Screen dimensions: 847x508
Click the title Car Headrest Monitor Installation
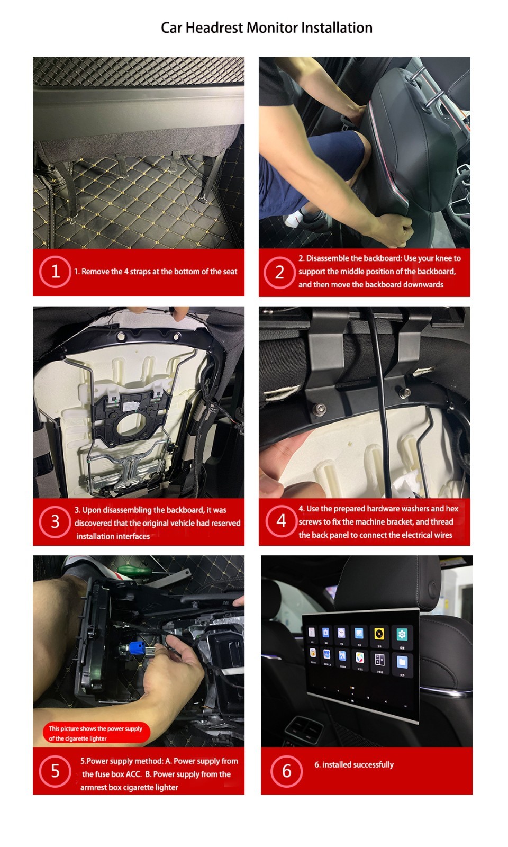[266, 28]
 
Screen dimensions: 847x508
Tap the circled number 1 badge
[55, 272]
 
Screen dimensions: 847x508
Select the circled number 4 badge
[281, 521]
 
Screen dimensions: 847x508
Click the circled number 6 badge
[286, 771]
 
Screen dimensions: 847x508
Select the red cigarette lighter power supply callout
[96, 733]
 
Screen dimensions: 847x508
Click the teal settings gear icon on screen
[402, 634]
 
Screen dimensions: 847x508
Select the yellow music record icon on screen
[379, 634]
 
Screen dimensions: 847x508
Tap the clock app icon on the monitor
[342, 633]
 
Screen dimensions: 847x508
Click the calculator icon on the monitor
[379, 660]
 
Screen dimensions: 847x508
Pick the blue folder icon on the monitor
[402, 661]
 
